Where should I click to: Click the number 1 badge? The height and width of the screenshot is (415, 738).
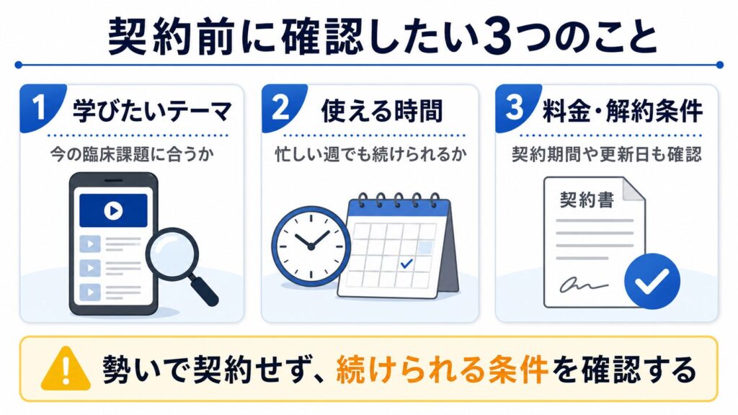pyautogui.click(x=40, y=107)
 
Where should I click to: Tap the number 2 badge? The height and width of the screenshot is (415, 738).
pyautogui.click(x=282, y=107)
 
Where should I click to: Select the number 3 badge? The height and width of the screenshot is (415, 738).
pyautogui.click(x=515, y=107)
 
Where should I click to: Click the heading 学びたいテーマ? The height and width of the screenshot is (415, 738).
pyautogui.click(x=152, y=111)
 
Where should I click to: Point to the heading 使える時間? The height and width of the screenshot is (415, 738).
pyautogui.click(x=382, y=111)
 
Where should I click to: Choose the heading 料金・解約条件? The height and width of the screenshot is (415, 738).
pyautogui.click(x=622, y=111)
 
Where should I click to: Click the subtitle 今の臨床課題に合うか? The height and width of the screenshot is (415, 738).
pyautogui.click(x=133, y=154)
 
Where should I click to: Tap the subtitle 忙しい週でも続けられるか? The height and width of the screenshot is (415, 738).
pyautogui.click(x=370, y=154)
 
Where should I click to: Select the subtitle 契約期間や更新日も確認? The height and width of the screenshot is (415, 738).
pyautogui.click(x=607, y=154)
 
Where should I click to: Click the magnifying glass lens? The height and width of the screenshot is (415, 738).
pyautogui.click(x=172, y=254)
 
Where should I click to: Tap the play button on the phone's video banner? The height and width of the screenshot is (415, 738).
pyautogui.click(x=113, y=210)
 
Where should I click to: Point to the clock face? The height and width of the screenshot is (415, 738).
pyautogui.click(x=311, y=246)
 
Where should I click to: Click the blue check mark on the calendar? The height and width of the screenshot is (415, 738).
pyautogui.click(x=406, y=264)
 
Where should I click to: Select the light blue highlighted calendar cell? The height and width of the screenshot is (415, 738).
pyautogui.click(x=425, y=247)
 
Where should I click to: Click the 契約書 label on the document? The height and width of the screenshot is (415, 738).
pyautogui.click(x=587, y=200)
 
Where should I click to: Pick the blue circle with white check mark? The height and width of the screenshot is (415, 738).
pyautogui.click(x=652, y=281)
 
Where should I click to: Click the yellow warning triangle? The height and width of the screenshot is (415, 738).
pyautogui.click(x=66, y=369)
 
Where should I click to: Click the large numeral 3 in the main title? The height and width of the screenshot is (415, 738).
pyautogui.click(x=497, y=37)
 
